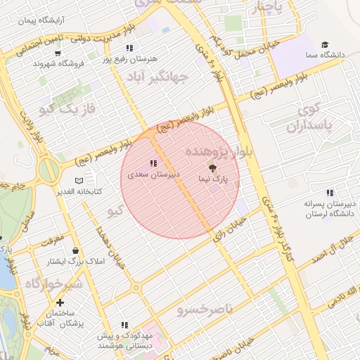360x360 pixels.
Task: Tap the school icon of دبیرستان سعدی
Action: (x=153, y=163)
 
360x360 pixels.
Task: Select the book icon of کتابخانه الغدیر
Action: (x=79, y=181)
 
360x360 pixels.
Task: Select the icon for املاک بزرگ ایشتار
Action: (x=75, y=251)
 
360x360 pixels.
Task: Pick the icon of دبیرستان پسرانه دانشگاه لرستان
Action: (x=329, y=193)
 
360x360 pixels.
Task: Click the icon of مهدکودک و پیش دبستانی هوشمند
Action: (x=124, y=325)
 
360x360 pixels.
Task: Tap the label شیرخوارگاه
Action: (x=53, y=283)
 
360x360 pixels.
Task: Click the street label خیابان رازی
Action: (x=231, y=224)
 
